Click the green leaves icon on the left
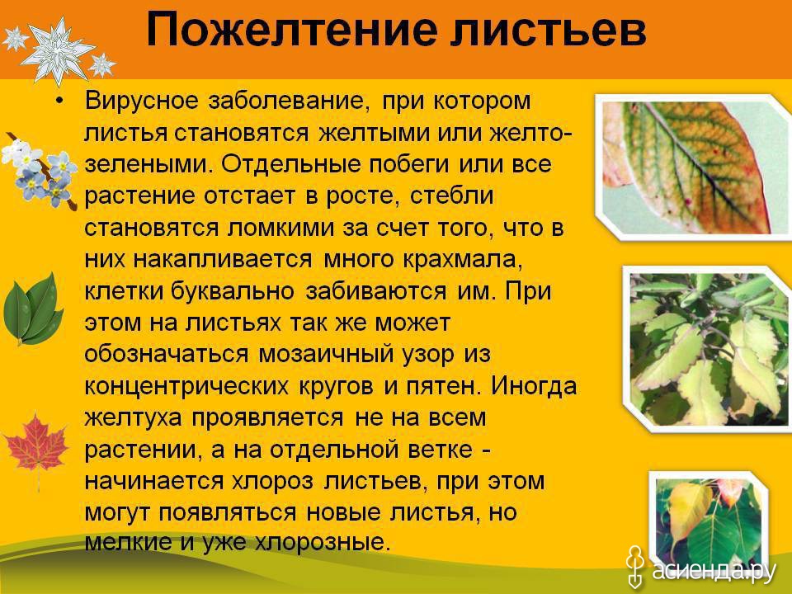pyautogui.click(x=33, y=310)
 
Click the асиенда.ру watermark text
pyautogui.click(x=714, y=568)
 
